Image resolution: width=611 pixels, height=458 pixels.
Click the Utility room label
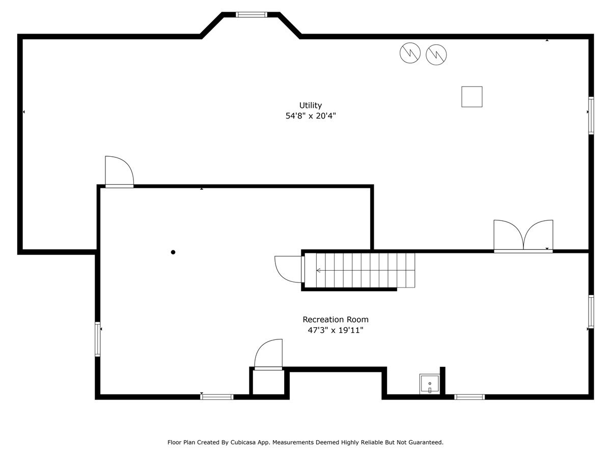point(310,105)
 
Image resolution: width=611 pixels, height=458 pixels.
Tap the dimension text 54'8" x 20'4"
point(310,116)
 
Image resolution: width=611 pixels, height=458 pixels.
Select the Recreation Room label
point(335,320)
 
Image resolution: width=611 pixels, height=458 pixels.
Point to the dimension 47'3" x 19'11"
point(335,330)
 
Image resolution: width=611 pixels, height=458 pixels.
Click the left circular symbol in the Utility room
point(410,53)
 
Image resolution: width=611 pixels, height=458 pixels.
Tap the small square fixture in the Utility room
point(471,97)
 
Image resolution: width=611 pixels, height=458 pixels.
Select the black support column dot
point(173,252)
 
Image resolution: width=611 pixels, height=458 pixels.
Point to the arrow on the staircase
point(319,270)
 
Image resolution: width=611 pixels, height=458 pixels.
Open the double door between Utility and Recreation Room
point(523,237)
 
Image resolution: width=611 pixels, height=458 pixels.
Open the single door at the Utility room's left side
point(119,172)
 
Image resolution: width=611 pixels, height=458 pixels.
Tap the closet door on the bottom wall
point(268,354)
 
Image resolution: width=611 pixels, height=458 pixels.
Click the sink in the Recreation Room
point(429,384)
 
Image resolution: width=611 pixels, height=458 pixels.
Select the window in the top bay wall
point(252,15)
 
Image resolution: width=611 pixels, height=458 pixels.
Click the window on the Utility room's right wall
point(591,116)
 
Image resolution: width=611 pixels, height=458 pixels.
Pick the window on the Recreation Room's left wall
point(97,339)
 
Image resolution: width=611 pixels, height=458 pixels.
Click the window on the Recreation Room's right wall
point(591,311)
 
